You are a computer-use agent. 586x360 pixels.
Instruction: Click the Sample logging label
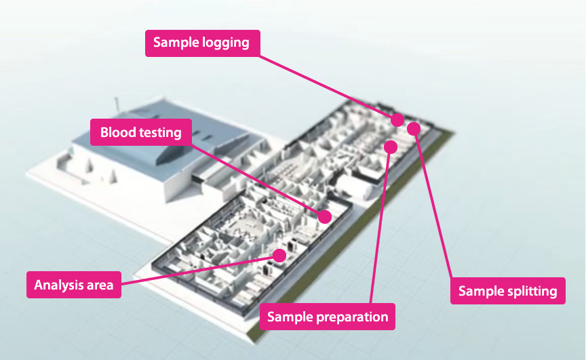point(201,43)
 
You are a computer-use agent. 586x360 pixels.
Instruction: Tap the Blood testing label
point(141,132)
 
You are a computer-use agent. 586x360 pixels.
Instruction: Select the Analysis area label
point(74,285)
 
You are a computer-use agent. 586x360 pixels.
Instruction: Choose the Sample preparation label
point(328,317)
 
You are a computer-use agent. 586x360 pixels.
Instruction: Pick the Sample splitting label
point(507,291)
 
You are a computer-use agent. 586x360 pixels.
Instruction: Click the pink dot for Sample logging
point(397,120)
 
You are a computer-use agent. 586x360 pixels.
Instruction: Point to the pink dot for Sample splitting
point(414,128)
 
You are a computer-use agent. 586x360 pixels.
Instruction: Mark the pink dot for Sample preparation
point(391,146)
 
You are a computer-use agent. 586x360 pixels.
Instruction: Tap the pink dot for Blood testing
point(325,216)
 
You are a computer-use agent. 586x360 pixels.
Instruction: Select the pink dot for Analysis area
point(279,256)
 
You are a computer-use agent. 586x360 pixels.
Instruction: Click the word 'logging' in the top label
point(226,43)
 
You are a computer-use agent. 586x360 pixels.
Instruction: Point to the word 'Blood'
point(117,132)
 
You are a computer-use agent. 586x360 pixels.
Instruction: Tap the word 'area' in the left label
point(100,285)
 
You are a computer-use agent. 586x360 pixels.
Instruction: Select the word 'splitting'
point(531,291)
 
